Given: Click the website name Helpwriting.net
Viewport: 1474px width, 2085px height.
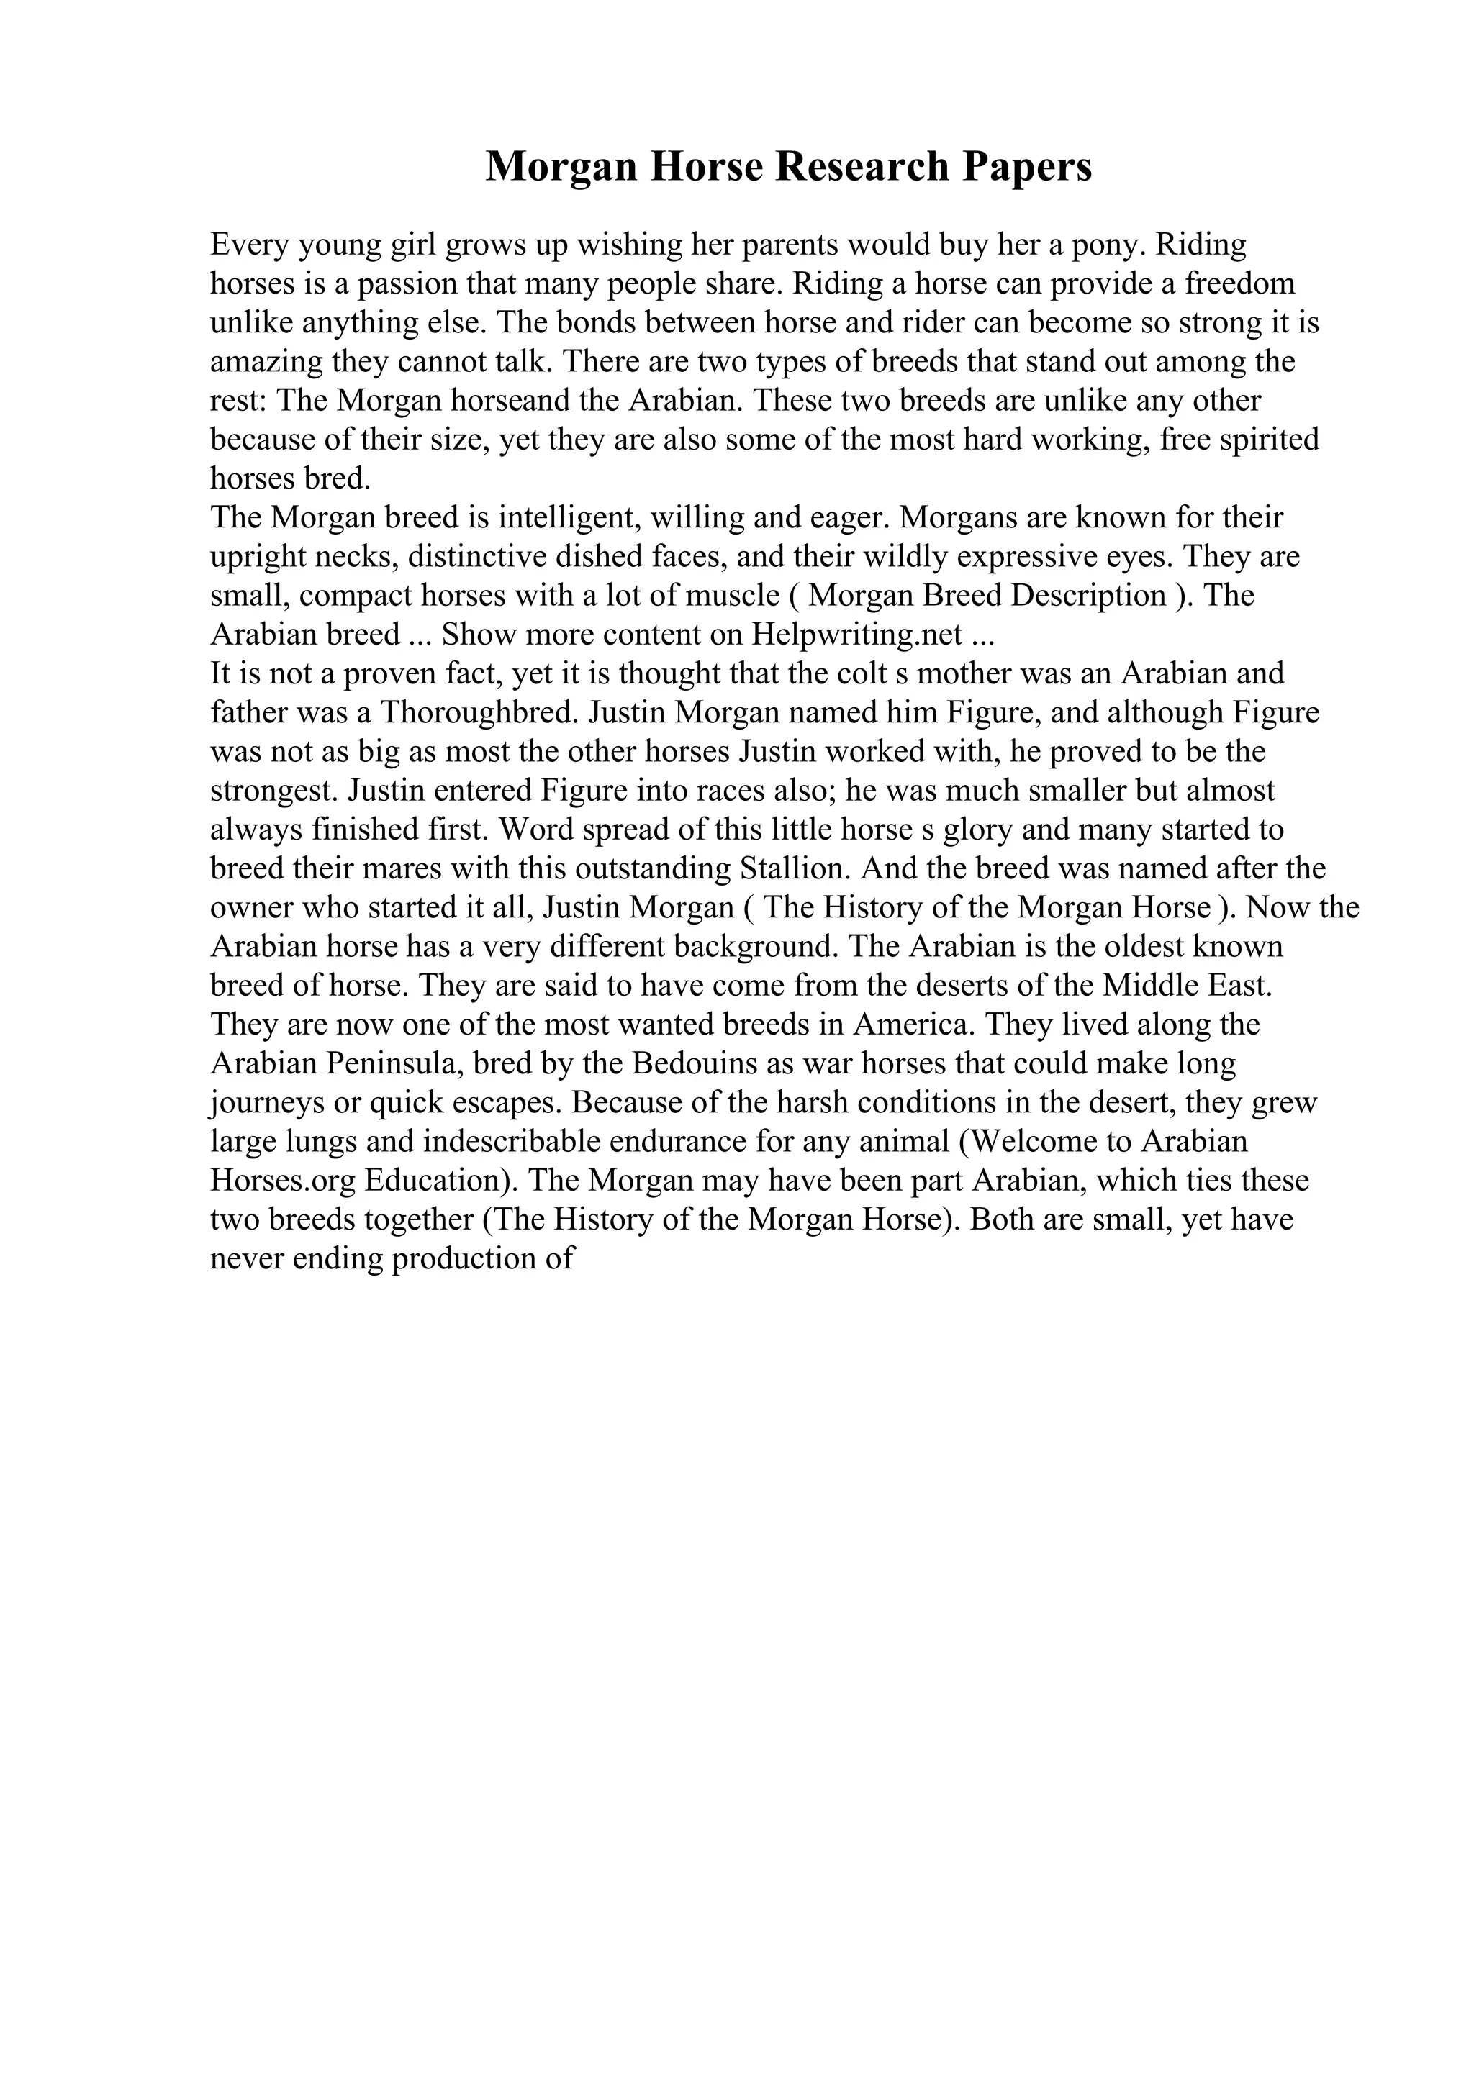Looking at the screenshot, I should click(x=857, y=635).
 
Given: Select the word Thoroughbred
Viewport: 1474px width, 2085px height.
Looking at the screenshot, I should click(x=479, y=713).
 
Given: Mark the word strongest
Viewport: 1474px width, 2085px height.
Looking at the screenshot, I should click(x=275, y=791).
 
